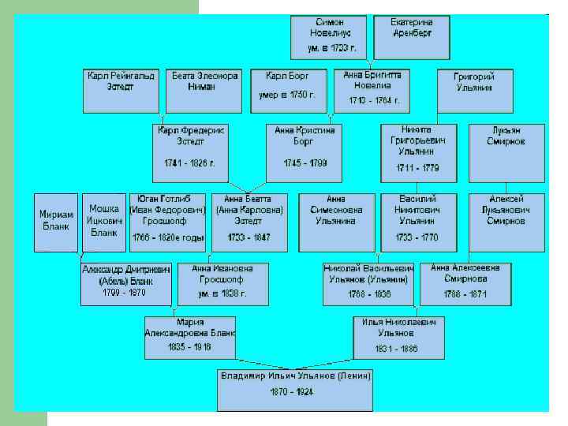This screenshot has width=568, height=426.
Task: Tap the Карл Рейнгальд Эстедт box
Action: tap(121, 92)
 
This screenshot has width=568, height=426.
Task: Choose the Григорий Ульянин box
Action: tap(473, 92)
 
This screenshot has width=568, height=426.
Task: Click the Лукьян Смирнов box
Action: tap(506, 153)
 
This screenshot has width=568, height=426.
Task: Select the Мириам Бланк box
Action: tap(57, 222)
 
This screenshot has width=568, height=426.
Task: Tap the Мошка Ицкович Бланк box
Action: tap(103, 222)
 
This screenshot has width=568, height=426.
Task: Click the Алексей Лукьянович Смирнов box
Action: tap(506, 222)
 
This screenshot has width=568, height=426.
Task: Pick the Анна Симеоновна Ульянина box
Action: tap(337, 222)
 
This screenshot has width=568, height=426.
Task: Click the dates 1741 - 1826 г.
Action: tap(189, 163)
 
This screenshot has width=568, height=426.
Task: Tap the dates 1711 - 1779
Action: tap(417, 168)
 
